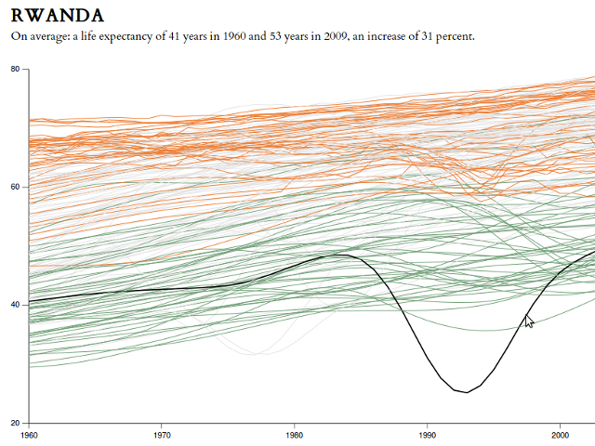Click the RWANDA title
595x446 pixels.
tap(58, 16)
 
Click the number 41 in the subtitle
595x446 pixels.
tap(174, 36)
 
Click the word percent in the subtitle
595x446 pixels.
tap(454, 36)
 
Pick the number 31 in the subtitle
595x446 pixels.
tap(422, 36)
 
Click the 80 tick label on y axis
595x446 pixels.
tap(16, 69)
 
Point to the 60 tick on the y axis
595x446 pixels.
tap(16, 187)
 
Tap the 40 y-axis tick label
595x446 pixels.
tap(16, 305)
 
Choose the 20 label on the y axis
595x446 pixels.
tap(16, 423)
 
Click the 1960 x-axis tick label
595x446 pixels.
tap(29, 434)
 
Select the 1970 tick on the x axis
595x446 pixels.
tap(162, 434)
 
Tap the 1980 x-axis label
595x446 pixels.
tap(295, 434)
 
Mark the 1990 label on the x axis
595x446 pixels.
tap(428, 434)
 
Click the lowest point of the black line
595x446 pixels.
tap(467, 392)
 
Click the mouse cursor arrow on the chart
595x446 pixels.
tap(528, 321)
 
